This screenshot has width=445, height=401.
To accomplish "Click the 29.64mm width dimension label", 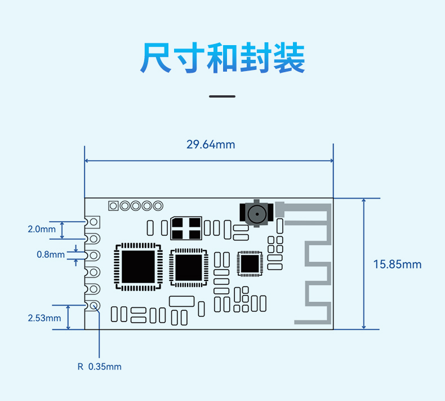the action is (x=211, y=144).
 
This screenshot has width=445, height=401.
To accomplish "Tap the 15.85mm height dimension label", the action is (x=397, y=265).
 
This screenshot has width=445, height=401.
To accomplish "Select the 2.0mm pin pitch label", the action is (x=42, y=229).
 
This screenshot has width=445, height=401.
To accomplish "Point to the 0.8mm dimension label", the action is (x=51, y=254).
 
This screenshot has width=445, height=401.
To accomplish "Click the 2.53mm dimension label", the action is (x=44, y=318).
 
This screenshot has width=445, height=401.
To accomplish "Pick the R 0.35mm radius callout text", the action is (x=99, y=367).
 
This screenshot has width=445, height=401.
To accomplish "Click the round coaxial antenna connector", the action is (x=256, y=214).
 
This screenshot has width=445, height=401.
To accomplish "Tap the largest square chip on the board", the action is (x=138, y=267).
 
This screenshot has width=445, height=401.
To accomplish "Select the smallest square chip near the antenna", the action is (x=250, y=263).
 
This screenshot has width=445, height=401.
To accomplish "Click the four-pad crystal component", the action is (x=186, y=228).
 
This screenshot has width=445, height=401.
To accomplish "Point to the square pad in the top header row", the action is (x=113, y=206).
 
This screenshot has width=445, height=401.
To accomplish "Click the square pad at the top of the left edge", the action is (x=93, y=222).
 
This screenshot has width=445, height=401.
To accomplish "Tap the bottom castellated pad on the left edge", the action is (x=93, y=306).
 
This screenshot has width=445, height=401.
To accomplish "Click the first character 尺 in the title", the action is (x=156, y=58).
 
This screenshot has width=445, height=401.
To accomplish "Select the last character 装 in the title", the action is (x=289, y=58).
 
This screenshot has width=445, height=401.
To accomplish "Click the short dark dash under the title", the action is (x=222, y=96).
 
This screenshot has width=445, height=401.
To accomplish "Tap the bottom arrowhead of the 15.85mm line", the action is (x=364, y=327).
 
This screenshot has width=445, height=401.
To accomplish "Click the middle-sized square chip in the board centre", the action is (x=189, y=268).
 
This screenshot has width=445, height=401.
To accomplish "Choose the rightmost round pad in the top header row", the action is (x=158, y=206).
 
